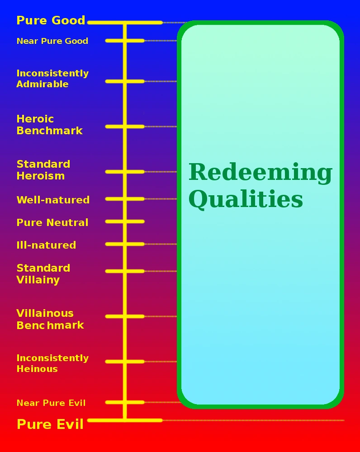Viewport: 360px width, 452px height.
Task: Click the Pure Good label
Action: pyautogui.click(x=51, y=20)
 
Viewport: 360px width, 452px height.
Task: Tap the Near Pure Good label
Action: pyautogui.click(x=52, y=41)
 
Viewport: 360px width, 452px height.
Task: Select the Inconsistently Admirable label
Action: pyautogui.click(x=52, y=79)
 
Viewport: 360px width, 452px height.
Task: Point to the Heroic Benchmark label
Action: pyautogui.click(x=49, y=125)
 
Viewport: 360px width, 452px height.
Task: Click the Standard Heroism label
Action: pyautogui.click(x=43, y=170)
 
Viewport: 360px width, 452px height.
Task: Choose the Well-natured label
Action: pyautogui.click(x=53, y=200)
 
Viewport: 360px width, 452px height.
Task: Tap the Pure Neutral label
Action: pyautogui.click(x=52, y=222)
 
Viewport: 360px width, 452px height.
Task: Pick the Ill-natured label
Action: pyautogui.click(x=46, y=245)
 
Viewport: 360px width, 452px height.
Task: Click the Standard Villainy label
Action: pyautogui.click(x=43, y=274)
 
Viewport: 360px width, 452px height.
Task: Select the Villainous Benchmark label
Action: pyautogui.click(x=50, y=319)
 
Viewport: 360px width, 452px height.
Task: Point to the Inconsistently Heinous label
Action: pyautogui.click(x=52, y=363)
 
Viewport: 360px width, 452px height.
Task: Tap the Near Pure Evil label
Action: pyautogui.click(x=51, y=403)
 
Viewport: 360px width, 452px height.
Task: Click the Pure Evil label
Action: pyautogui.click(x=50, y=424)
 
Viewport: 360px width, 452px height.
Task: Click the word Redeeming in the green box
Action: pyautogui.click(x=260, y=172)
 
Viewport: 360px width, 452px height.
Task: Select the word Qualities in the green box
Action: pyautogui.click(x=246, y=199)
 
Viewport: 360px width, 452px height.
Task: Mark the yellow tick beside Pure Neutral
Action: pyautogui.click(x=125, y=221)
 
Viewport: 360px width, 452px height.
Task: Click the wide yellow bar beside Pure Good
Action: pyautogui.click(x=125, y=22)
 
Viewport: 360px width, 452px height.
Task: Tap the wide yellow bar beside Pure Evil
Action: pyautogui.click(x=125, y=420)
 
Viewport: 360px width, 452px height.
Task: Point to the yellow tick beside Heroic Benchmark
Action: pyautogui.click(x=125, y=127)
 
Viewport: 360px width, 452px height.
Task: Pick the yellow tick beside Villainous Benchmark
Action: pyautogui.click(x=125, y=316)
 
